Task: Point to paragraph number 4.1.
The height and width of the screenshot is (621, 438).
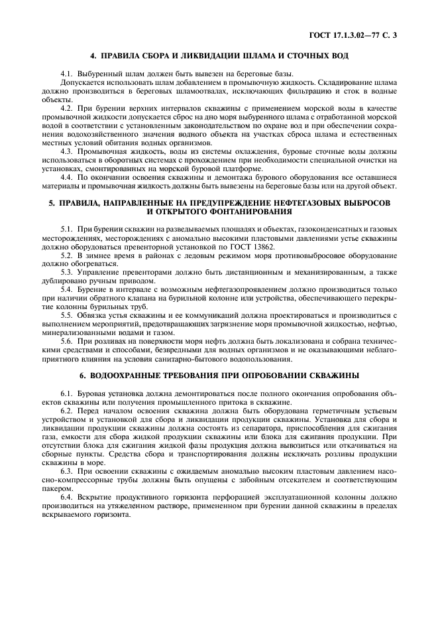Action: pos(66,73)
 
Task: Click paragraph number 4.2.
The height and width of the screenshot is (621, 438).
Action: pos(66,107)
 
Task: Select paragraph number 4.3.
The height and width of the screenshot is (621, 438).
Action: pos(66,150)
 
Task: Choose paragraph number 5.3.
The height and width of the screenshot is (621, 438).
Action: pos(66,272)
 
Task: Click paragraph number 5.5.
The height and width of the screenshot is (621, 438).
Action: pos(66,314)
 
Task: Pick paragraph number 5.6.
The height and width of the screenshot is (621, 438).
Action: pos(66,342)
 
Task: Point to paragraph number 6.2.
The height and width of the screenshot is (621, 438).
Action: pos(66,411)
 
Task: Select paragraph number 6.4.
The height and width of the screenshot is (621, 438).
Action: pos(66,497)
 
